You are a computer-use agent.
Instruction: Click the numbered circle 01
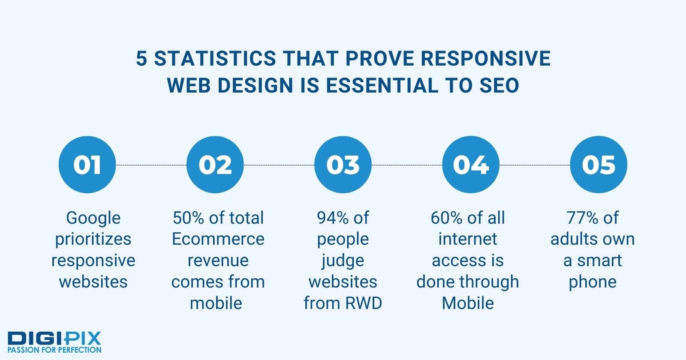(x=87, y=165)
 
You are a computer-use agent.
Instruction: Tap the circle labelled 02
(x=215, y=165)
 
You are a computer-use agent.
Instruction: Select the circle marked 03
(x=343, y=165)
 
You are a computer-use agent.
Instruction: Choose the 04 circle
(x=471, y=165)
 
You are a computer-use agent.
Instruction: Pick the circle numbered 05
(x=599, y=165)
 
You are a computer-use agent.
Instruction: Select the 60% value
(x=446, y=218)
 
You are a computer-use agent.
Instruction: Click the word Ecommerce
(x=218, y=239)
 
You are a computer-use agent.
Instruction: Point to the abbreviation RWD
(x=364, y=303)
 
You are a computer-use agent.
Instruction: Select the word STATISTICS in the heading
(x=215, y=58)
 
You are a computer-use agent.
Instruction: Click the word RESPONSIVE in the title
(x=486, y=58)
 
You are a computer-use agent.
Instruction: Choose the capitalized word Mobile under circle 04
(x=468, y=303)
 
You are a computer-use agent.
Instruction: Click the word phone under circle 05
(x=593, y=282)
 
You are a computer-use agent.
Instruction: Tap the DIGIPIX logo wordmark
(x=54, y=339)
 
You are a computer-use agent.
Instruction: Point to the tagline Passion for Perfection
(x=54, y=350)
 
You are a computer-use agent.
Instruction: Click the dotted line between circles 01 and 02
(x=151, y=165)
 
